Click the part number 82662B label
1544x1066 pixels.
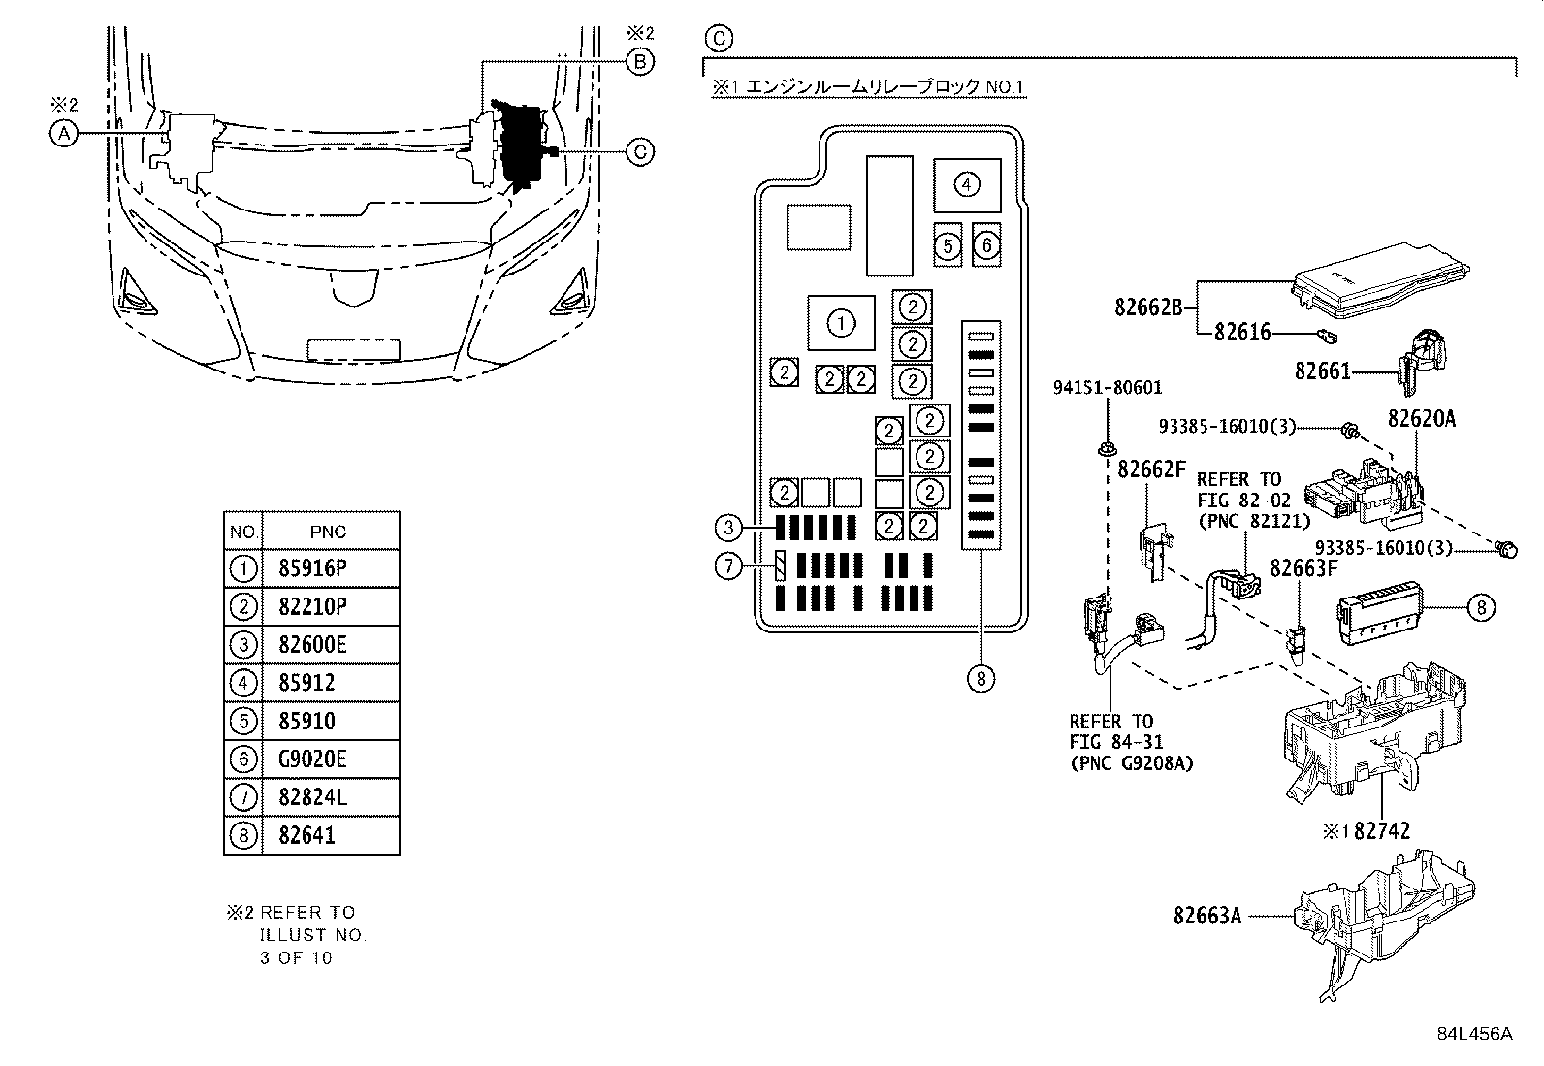point(1148,307)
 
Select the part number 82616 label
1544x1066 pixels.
point(1242,333)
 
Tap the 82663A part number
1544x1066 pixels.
point(1206,915)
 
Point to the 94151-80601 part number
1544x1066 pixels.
point(1108,388)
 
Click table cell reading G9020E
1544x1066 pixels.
point(306,759)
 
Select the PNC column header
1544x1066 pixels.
point(328,532)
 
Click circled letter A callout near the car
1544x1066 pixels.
point(63,134)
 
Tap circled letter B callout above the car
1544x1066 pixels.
point(639,62)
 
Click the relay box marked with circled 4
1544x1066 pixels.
point(966,184)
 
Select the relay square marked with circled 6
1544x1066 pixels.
point(985,244)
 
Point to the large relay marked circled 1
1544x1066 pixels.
point(841,323)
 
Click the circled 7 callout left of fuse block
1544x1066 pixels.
point(728,565)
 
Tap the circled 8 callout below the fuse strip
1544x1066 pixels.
point(981,678)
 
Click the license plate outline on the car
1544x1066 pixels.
point(353,349)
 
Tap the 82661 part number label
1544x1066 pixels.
point(1322,371)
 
